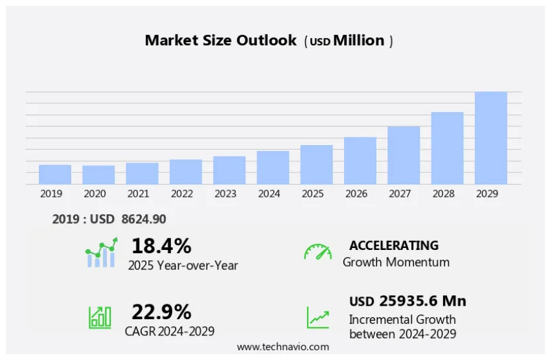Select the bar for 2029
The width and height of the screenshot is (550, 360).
click(x=490, y=138)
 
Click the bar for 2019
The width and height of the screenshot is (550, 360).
click(x=55, y=174)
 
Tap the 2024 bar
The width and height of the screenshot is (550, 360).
click(x=273, y=167)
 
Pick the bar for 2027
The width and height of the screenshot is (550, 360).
click(x=404, y=155)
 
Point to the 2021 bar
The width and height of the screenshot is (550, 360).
click(x=142, y=173)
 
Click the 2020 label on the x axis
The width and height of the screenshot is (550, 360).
click(x=95, y=194)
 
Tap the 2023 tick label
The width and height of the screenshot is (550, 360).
click(x=225, y=194)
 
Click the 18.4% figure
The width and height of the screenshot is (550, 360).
click(x=161, y=246)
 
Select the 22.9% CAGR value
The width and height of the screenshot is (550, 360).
click(x=161, y=312)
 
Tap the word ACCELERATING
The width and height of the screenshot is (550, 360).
click(x=393, y=245)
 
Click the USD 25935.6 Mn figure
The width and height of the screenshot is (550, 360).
click(x=407, y=301)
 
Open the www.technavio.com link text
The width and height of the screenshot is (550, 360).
click(x=282, y=347)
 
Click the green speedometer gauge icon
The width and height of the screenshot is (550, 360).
click(x=317, y=252)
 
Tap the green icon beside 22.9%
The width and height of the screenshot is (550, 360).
click(x=100, y=317)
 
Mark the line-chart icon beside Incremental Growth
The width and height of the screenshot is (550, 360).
click(x=317, y=317)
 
